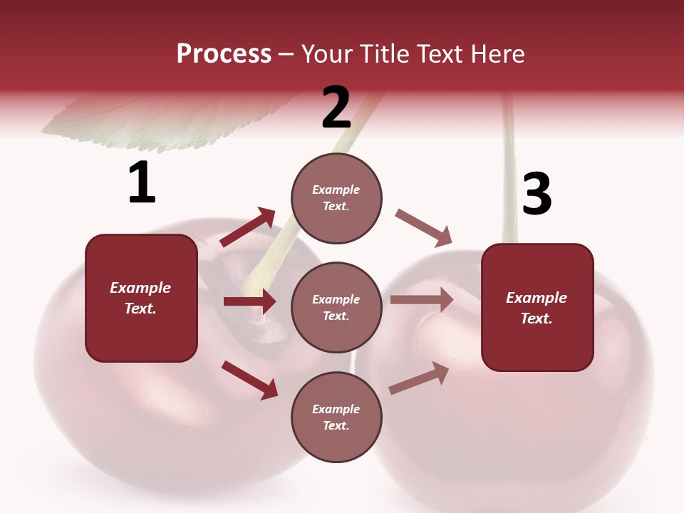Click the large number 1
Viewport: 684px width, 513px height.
click(x=142, y=183)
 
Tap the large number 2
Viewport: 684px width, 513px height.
click(x=336, y=108)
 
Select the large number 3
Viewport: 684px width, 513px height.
click(x=537, y=195)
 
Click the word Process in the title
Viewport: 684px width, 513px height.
click(x=224, y=53)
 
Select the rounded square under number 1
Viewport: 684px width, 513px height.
click(x=141, y=298)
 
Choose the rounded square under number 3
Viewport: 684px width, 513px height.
click(x=537, y=307)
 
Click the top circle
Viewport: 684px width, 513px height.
click(x=336, y=198)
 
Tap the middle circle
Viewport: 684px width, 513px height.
click(x=336, y=307)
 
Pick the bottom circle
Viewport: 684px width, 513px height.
click(x=336, y=417)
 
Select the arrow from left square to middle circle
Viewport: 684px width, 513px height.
click(x=249, y=301)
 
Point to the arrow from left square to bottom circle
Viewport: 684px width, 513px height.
click(x=250, y=379)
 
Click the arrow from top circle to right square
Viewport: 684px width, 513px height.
click(x=424, y=228)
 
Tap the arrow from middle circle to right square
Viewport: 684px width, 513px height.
click(x=422, y=300)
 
